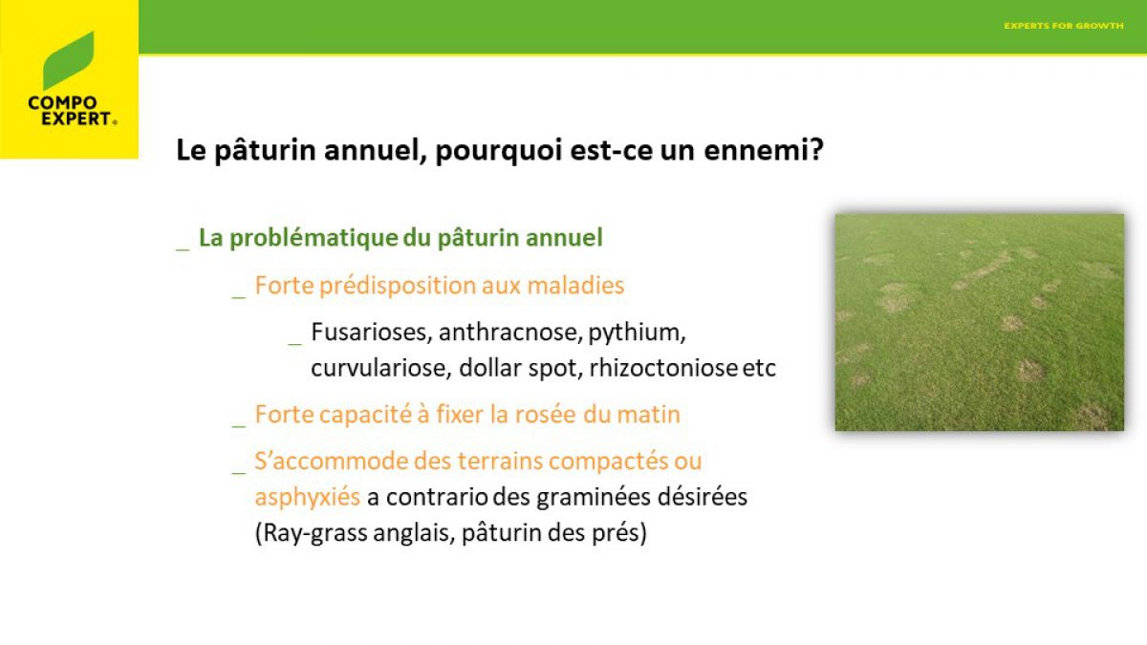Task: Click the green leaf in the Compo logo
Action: tap(69, 61)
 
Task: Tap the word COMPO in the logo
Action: tap(62, 103)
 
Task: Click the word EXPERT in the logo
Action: tap(76, 118)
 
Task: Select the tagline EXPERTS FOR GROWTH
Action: tap(1064, 26)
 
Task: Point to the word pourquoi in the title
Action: tap(498, 152)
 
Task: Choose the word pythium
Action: tap(637, 333)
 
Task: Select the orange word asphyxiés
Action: tap(307, 497)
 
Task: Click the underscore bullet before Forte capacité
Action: tap(239, 426)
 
